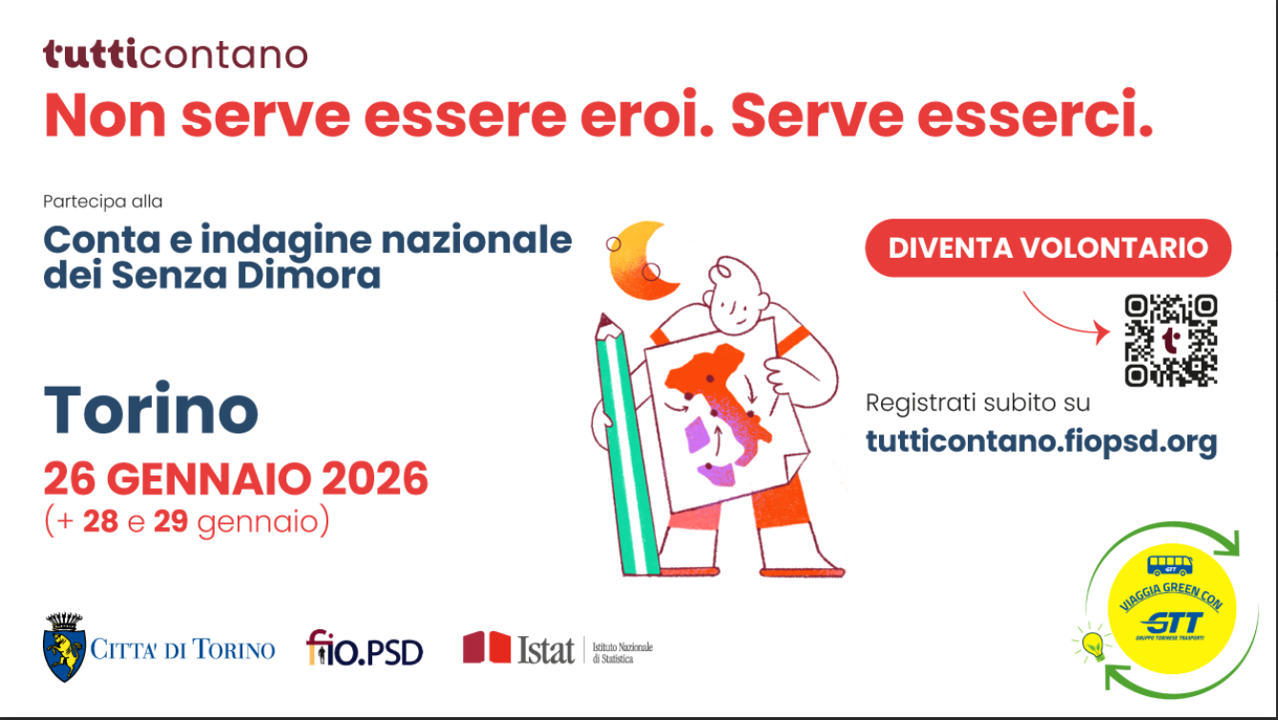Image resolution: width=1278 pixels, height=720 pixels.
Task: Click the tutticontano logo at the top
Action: coord(176,54)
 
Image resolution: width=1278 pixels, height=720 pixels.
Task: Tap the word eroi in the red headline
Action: coord(647,115)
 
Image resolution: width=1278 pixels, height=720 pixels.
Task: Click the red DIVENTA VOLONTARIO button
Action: coord(1048,248)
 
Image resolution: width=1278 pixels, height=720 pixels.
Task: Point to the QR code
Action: coord(1171,340)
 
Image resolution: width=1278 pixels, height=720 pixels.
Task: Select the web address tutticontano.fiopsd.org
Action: coord(1041,442)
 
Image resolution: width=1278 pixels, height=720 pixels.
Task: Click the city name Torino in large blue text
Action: coord(151,410)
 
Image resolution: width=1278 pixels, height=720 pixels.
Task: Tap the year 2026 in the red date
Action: coord(375,478)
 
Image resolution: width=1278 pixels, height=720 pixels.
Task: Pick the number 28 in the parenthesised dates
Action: coord(100,521)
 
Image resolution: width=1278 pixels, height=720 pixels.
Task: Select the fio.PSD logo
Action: coord(365,648)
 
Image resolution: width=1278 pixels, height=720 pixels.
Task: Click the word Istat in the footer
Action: coord(546,649)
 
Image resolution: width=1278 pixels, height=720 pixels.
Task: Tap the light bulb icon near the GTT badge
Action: coord(1092,644)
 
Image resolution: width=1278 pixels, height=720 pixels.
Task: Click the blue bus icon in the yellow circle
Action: coord(1169,565)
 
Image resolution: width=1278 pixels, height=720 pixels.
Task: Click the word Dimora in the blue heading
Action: coord(308,275)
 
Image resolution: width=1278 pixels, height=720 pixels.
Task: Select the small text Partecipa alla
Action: coord(103,201)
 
